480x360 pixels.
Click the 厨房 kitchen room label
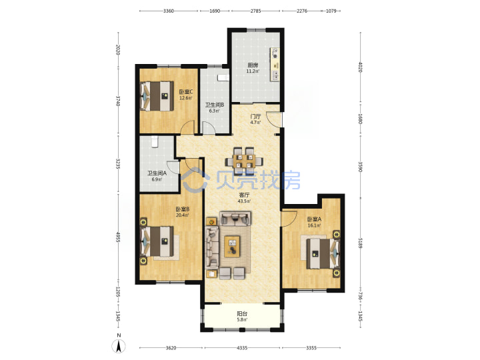[253, 65]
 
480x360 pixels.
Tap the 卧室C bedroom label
[186, 91]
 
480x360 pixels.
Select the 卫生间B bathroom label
[214, 105]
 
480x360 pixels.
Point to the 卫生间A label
[157, 173]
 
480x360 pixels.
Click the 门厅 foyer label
[255, 116]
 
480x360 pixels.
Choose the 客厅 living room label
[244, 195]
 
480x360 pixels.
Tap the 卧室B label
[182, 209]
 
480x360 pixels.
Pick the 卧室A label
[314, 219]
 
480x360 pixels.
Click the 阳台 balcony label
[242, 314]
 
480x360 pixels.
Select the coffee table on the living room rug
[233, 247]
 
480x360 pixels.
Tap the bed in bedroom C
[157, 96]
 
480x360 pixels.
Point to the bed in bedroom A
[323, 253]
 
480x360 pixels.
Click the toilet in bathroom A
[155, 142]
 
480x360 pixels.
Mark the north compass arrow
[119, 346]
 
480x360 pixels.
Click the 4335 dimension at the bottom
[242, 348]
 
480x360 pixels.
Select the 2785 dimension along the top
[255, 11]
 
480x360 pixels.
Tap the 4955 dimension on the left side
[118, 237]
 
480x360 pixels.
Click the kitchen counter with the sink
[275, 64]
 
